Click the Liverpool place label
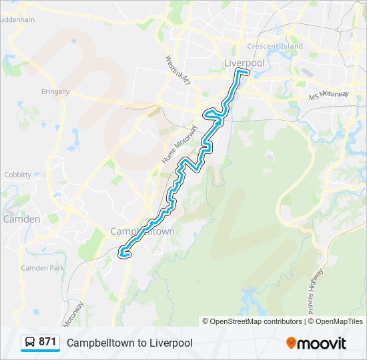245,63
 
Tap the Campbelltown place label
142,231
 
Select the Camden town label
21,219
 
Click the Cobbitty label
17,175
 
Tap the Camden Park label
42,267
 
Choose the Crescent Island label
275,46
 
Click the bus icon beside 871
30,342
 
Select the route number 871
47,342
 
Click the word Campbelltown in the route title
99,343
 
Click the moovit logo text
322,343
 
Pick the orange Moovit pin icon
292,343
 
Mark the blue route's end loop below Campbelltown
124,252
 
